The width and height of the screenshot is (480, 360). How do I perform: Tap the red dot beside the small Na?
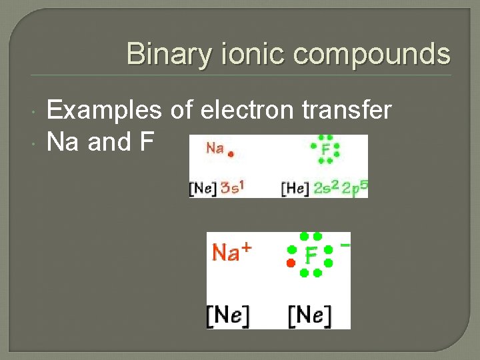(x=231, y=153)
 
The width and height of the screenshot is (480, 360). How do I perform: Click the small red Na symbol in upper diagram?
(x=215, y=148)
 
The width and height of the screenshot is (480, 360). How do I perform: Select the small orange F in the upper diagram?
(x=325, y=149)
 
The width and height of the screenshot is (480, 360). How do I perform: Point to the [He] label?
(x=295, y=188)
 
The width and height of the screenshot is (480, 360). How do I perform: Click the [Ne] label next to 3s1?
(x=203, y=188)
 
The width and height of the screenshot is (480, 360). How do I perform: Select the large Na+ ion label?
(x=231, y=252)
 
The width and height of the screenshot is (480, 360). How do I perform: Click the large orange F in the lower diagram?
(x=311, y=255)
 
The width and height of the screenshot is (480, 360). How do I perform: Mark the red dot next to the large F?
(x=291, y=264)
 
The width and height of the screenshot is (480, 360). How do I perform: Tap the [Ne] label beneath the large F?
(x=310, y=314)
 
